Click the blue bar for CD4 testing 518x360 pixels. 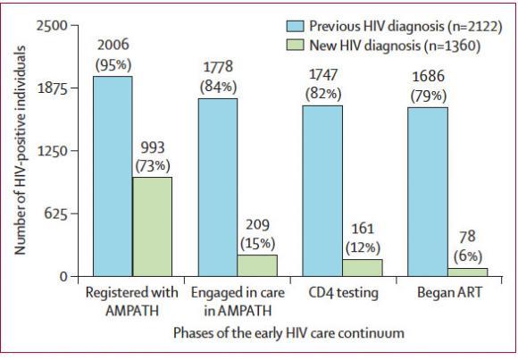pyautogui.click(x=322, y=190)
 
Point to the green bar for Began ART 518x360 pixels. pyautogui.click(x=466, y=272)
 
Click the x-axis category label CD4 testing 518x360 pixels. pyautogui.click(x=344, y=293)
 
